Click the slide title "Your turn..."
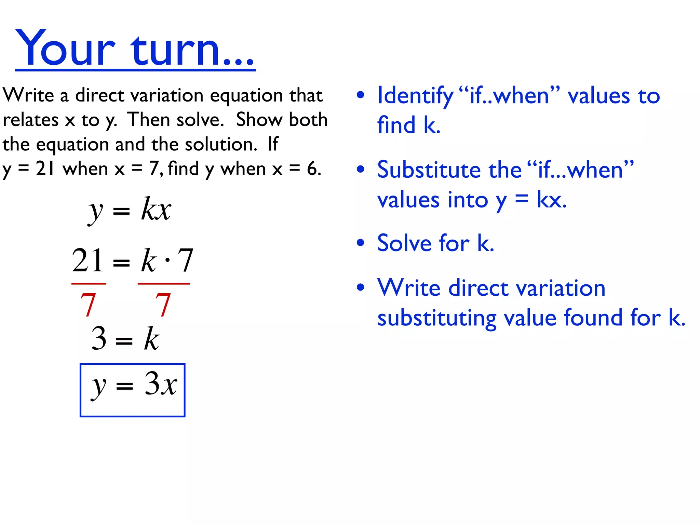pos(135,48)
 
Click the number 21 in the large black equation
pos(87,260)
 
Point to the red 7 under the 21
pos(88,304)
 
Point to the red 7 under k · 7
pos(163,304)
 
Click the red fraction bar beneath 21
pos(89,283)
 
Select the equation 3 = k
pos(125,338)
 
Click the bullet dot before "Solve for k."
pos(360,243)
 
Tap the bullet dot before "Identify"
pos(360,95)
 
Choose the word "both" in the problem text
pos(308,120)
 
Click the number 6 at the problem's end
pos(312,169)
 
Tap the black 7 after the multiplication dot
pos(186,260)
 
